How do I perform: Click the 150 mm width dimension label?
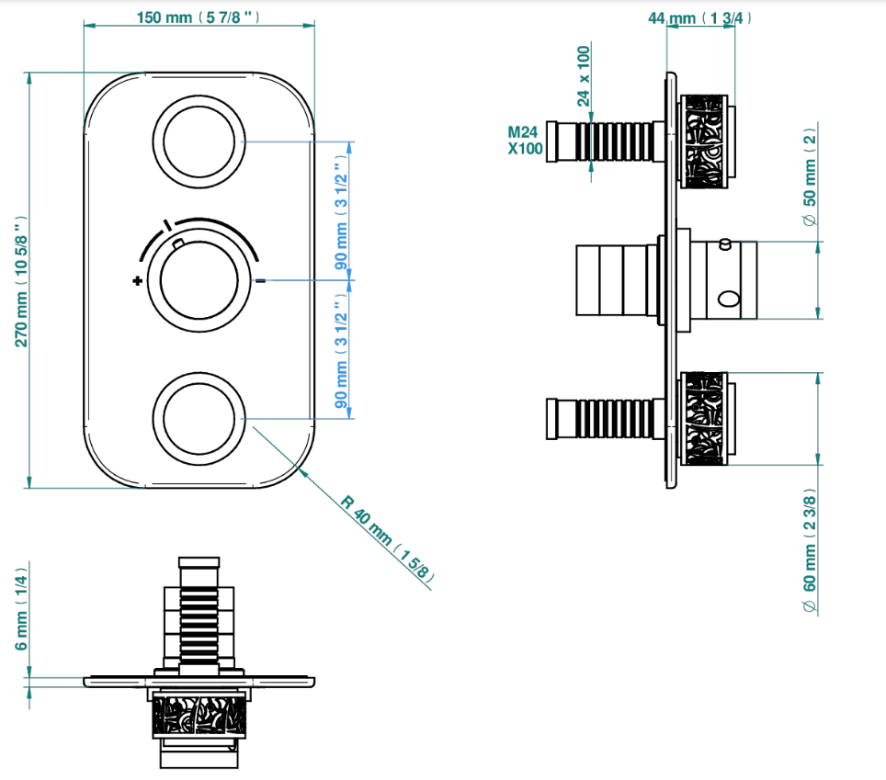point(198,17)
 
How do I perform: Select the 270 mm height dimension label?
point(21,281)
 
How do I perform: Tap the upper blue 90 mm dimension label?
point(341,212)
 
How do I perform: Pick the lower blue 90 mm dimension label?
point(341,350)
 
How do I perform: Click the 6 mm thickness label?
point(21,609)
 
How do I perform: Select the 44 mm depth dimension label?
point(699,18)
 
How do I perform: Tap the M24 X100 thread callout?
point(525,140)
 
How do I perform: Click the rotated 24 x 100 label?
point(583,76)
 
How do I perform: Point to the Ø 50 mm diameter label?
point(809,176)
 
